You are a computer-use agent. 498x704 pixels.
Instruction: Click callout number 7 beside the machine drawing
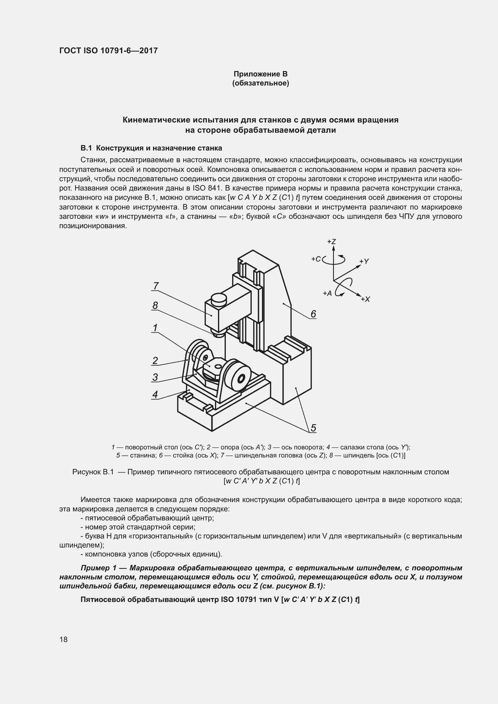156,286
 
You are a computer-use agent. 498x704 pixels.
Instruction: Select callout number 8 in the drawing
155,305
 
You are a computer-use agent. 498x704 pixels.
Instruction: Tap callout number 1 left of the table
155,328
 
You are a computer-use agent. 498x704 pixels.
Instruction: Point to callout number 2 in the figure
155,361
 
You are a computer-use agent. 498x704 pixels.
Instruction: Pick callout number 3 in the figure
155,377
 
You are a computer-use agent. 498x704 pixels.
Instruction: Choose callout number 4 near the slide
155,394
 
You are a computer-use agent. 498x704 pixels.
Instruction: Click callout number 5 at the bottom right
313,428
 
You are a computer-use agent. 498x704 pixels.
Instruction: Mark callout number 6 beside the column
313,314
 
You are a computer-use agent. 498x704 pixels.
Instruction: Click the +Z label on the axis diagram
331,242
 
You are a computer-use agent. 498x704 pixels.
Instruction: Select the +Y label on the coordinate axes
364,261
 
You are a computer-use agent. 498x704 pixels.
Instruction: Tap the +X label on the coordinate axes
366,299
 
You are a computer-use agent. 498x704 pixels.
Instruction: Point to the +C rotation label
316,259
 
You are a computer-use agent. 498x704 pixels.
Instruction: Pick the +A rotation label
327,293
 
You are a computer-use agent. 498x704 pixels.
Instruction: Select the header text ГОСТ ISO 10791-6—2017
109,51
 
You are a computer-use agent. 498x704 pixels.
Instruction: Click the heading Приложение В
260,74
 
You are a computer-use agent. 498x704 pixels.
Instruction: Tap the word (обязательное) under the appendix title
260,83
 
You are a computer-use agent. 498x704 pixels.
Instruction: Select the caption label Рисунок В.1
93,472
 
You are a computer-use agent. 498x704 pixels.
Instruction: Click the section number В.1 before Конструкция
86,148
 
